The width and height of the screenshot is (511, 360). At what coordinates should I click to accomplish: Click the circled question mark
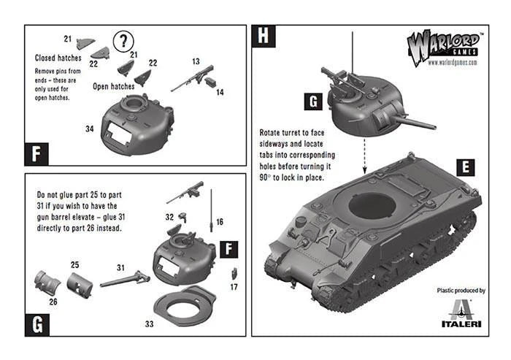tap(125, 39)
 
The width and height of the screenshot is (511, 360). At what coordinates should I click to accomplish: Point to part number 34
tap(89, 129)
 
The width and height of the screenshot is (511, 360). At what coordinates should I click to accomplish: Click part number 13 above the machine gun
tap(196, 61)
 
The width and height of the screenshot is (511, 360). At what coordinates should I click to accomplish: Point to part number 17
tap(234, 287)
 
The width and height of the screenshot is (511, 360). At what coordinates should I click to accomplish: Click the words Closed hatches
tap(59, 58)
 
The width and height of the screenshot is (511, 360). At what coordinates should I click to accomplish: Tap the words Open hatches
tap(115, 85)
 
